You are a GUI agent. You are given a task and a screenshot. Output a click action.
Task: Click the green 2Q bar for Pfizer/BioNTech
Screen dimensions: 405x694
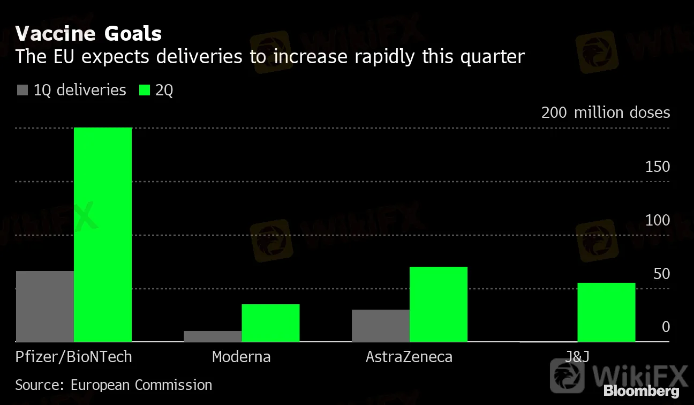coord(103,235)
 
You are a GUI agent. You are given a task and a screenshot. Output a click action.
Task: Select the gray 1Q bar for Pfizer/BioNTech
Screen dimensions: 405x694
coord(45,306)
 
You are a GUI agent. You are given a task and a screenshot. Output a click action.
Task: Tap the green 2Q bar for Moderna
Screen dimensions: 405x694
coord(270,323)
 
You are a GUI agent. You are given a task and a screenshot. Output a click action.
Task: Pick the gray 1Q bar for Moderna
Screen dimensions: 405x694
coord(213,336)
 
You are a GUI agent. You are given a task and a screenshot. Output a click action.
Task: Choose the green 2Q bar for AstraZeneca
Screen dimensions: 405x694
coord(439,304)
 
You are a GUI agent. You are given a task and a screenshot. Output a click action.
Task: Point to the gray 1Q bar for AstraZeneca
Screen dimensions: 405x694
coord(380,326)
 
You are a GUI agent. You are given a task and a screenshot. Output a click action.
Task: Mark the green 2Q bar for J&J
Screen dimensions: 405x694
coord(606,312)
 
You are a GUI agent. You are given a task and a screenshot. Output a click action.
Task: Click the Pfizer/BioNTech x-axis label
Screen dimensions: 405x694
coord(73,357)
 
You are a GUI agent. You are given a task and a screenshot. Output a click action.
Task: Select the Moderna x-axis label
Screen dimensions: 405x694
coord(241,357)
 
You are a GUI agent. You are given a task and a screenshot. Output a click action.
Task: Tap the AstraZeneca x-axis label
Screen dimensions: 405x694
coord(409,357)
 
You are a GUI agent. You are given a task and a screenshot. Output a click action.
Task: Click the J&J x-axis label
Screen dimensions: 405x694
coord(577,357)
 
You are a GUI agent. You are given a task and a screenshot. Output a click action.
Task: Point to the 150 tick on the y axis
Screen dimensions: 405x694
coord(658,167)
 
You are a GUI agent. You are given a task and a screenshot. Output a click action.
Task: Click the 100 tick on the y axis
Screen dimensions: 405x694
coord(658,220)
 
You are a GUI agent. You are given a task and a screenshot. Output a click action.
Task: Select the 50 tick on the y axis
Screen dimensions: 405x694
coord(661,274)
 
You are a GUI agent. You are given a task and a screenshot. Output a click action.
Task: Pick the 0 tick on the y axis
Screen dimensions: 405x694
coord(666,327)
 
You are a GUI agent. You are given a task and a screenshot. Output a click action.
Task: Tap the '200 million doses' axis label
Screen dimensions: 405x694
coord(605,112)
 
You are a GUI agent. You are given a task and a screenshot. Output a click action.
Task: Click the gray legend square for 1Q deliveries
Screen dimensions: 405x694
coord(22,90)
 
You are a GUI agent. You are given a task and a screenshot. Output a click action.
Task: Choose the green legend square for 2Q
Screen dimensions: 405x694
coord(144,90)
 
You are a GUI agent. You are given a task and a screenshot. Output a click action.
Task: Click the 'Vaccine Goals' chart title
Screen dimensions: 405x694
coord(88,34)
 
